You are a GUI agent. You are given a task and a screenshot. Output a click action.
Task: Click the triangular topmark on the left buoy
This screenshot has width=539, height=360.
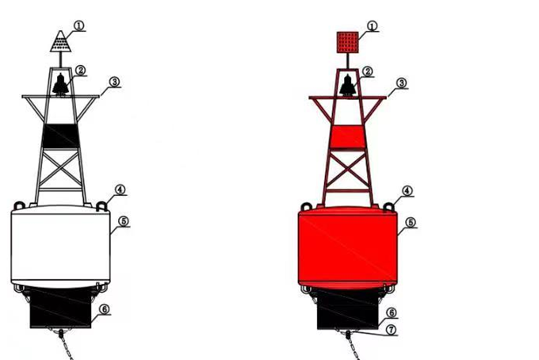[x=60, y=42]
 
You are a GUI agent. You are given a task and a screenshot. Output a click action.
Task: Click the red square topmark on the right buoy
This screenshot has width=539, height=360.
[x=347, y=42]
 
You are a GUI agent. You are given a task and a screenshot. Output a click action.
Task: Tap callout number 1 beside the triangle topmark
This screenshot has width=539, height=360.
[x=78, y=25]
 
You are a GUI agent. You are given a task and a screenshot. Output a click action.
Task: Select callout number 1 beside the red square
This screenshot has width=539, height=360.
[x=372, y=26]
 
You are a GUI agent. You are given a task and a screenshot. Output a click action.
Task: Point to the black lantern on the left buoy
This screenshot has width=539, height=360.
[x=60, y=84]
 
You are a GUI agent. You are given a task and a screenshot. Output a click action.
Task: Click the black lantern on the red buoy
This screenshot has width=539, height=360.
[x=347, y=86]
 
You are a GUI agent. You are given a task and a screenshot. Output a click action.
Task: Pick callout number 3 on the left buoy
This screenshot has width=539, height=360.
[x=114, y=82]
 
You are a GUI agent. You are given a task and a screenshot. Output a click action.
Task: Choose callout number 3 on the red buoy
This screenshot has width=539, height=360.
[x=401, y=83]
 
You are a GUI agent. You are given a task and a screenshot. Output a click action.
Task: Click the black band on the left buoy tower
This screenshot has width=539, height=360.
[x=60, y=136]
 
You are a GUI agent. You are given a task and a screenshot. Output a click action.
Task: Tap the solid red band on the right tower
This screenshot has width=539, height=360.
[x=347, y=137]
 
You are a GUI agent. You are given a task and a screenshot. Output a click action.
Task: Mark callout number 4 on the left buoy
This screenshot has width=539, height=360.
[x=120, y=190]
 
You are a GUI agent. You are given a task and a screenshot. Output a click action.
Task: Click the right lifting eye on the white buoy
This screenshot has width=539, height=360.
[x=101, y=206]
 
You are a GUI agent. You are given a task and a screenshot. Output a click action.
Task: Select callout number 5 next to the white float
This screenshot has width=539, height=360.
[x=124, y=221]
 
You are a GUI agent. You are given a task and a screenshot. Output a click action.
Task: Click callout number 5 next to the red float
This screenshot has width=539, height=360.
[x=411, y=223]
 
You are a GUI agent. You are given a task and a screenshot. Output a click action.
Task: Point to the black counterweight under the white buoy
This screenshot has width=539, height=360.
[x=60, y=307]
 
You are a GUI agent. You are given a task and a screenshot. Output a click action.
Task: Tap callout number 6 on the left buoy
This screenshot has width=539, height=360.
[x=105, y=309]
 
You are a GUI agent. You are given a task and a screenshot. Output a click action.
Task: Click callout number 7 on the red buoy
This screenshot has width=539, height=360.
[x=392, y=330]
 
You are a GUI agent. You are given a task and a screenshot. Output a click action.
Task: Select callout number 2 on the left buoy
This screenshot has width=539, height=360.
[x=80, y=71]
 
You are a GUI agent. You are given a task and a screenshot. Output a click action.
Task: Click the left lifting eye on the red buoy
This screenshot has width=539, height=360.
[x=306, y=207]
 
